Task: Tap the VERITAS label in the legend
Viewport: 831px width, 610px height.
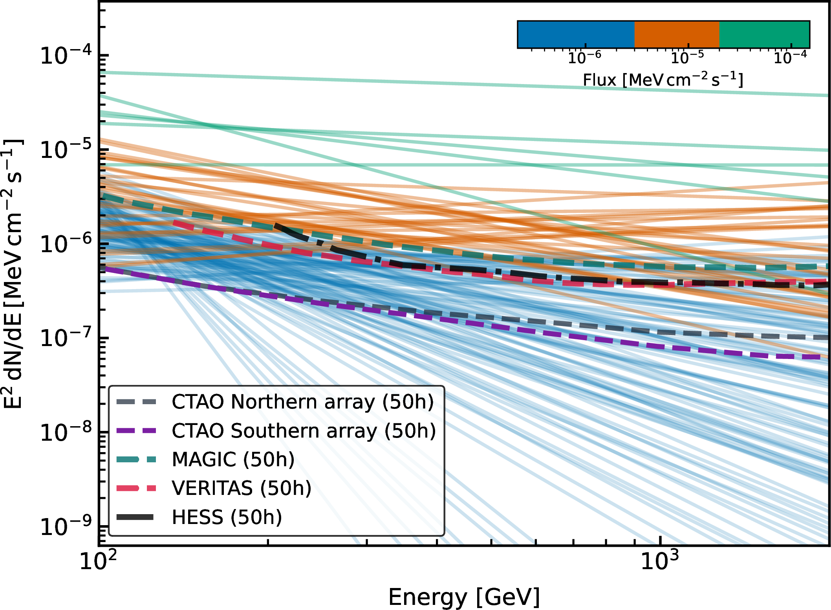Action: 212,488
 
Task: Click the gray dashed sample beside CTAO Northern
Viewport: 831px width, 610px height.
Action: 136,402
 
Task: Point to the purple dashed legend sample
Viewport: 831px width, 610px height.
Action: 136,431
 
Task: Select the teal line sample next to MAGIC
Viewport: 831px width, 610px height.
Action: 136,460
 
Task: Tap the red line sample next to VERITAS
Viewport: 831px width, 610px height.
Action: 136,488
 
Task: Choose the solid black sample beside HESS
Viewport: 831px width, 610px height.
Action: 135,517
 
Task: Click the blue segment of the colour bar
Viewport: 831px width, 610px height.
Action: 576,34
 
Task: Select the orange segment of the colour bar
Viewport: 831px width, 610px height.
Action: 677,34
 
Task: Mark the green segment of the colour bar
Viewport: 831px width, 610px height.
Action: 764,34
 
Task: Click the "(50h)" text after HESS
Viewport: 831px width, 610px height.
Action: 256,517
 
